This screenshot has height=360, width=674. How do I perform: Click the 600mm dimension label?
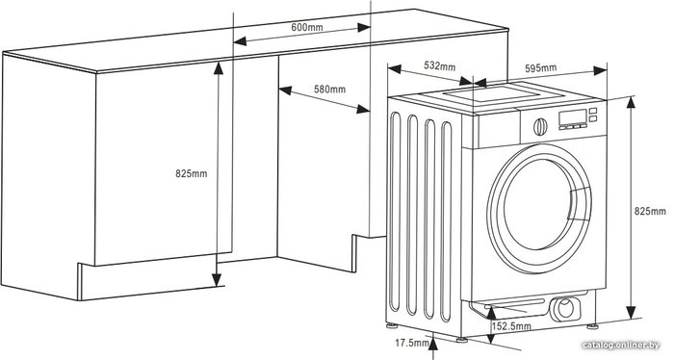[x=307, y=27]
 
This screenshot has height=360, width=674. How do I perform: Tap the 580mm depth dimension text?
[x=329, y=90]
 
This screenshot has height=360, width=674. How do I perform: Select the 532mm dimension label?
[x=440, y=65]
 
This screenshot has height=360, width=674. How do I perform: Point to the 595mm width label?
[x=541, y=68]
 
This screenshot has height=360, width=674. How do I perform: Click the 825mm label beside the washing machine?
[x=650, y=211]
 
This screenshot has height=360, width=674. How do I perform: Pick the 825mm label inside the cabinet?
[x=192, y=173]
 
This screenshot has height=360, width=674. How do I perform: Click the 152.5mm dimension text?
[x=511, y=326]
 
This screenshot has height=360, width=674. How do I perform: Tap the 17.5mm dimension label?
[x=412, y=343]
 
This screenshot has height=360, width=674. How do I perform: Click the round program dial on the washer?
[x=540, y=127]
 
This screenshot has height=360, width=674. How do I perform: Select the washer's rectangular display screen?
[x=572, y=117]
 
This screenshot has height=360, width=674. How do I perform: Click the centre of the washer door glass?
[x=537, y=205]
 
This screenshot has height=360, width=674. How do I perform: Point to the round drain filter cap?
[x=565, y=308]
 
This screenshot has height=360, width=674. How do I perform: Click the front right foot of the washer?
[x=592, y=326]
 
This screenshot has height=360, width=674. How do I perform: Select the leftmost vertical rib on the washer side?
[x=395, y=212]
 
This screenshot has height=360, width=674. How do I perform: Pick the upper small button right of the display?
[x=593, y=111]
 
